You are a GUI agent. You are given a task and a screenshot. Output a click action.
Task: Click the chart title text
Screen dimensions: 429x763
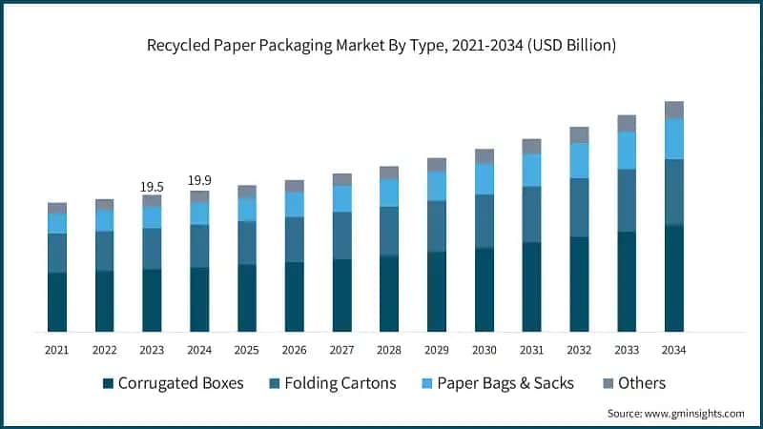tap(381, 44)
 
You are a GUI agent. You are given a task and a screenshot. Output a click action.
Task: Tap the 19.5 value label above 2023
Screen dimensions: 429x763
tap(152, 187)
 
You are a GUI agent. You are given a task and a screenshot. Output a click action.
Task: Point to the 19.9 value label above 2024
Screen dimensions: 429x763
tap(199, 181)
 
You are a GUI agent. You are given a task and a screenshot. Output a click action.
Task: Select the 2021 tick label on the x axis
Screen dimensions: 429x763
tap(57, 350)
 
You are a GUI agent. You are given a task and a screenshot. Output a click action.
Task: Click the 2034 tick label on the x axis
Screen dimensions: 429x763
tap(673, 350)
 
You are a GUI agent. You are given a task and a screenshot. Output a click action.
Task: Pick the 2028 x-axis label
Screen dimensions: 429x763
tap(389, 350)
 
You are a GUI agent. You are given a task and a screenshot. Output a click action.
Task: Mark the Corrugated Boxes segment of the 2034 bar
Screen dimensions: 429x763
tap(674, 277)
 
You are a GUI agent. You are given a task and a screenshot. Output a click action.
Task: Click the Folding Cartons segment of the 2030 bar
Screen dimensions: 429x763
tap(485, 221)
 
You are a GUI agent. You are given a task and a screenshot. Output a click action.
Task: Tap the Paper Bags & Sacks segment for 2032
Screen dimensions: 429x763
tap(579, 160)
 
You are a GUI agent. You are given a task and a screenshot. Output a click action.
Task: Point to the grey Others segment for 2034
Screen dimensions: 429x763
tap(674, 110)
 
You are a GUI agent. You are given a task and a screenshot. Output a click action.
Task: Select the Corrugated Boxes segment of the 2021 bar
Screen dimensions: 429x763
tap(57, 301)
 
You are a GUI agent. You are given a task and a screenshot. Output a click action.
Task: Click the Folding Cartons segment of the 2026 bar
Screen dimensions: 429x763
tap(295, 239)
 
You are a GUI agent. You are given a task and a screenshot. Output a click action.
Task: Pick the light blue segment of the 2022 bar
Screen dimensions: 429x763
tap(105, 220)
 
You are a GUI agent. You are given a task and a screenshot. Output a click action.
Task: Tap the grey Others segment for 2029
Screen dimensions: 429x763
tap(437, 165)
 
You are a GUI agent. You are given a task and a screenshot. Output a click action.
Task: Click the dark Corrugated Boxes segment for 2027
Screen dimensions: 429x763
tap(342, 295)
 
